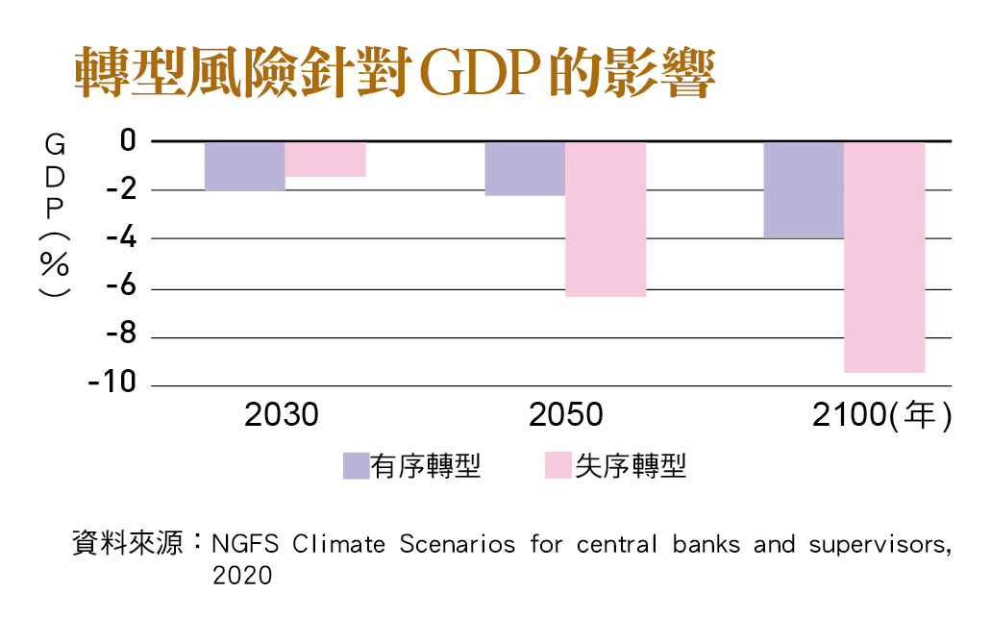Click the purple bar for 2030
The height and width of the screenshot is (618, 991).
coord(244,166)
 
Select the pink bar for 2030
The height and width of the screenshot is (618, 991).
coord(326,160)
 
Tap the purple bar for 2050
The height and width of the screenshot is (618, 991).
coord(525,169)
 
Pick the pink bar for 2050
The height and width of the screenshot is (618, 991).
coord(607,219)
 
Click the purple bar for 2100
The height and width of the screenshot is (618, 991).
coord(804,190)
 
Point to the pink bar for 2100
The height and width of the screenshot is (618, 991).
coord(885,258)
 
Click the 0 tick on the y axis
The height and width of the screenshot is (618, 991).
coord(128,140)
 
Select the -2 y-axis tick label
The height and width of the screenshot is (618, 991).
coord(121,189)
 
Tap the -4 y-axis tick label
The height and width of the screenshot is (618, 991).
coord(121,237)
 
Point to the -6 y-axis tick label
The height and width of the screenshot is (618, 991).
coord(121,285)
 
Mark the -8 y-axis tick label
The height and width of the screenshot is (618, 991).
coord(121,334)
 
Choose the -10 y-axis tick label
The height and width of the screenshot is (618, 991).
coord(112,382)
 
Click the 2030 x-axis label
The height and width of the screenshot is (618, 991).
coord(282,415)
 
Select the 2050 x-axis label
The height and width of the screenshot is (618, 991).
coord(565,415)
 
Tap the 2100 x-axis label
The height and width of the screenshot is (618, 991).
coord(850,415)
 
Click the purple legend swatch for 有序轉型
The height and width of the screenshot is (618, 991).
coord(357,466)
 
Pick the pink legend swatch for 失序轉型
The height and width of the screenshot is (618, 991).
coord(558,466)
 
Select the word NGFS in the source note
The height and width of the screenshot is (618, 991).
coord(245,544)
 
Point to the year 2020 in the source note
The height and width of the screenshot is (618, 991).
coord(242,576)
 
